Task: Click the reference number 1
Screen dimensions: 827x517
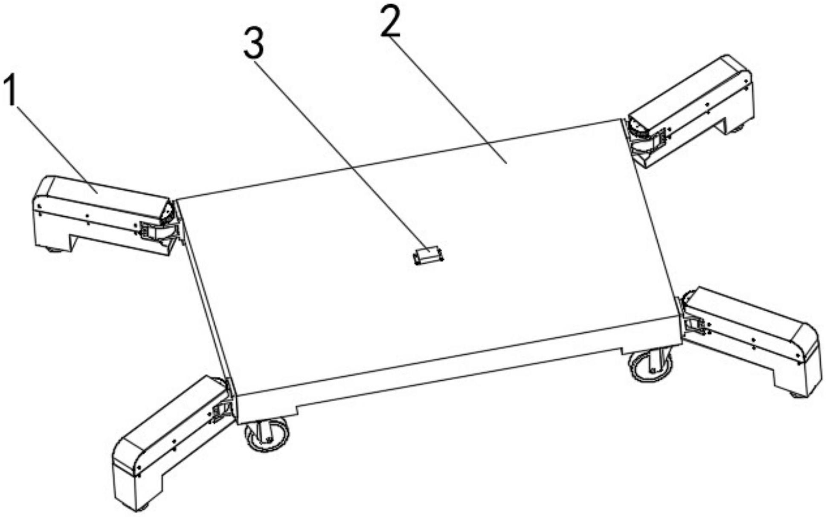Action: point(10,90)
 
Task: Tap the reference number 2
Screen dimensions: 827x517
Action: point(391,22)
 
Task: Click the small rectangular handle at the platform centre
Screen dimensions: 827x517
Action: point(429,256)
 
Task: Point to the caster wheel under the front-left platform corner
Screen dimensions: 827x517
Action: point(266,435)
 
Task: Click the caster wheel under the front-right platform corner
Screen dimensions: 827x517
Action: point(651,365)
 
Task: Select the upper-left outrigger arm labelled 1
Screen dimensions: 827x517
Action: point(102,215)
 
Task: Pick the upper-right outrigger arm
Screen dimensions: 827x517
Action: point(691,111)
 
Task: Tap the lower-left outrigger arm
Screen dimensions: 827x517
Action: point(171,443)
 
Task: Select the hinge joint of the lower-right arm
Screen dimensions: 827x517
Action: point(694,317)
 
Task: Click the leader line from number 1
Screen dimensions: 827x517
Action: point(58,149)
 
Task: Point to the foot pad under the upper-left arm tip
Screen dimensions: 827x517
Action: point(54,249)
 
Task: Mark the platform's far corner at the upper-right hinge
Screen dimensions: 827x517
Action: point(619,120)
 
